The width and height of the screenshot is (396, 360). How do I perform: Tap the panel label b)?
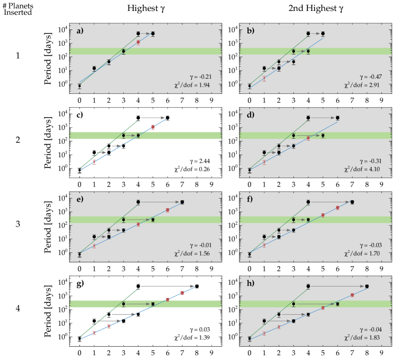(250, 31)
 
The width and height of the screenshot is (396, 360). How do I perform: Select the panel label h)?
(250, 283)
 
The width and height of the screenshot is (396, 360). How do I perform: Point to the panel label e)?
(80, 199)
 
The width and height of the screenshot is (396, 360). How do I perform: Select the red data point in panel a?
(138, 42)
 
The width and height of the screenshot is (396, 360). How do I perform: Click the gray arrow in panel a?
(145, 34)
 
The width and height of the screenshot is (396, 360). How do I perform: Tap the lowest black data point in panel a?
(80, 86)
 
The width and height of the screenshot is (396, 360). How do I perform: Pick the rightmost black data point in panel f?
(352, 202)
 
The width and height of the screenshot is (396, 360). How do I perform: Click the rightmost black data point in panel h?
(367, 286)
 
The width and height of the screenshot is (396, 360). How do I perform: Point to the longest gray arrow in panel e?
(160, 202)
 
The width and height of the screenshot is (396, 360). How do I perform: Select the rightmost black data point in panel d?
(337, 118)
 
